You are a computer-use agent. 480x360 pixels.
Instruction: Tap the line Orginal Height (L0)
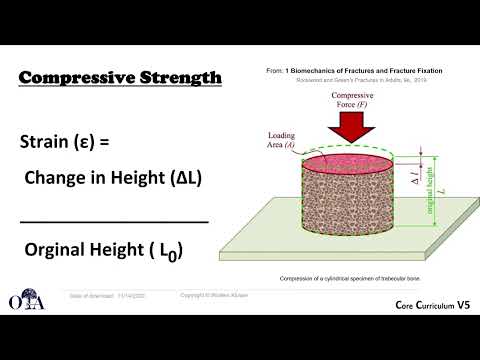click(104, 250)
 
